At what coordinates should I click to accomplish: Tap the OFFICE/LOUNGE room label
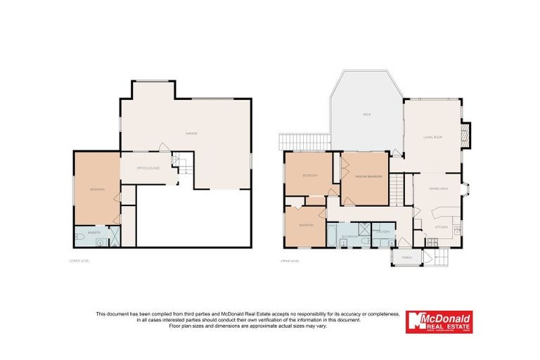pyautogui.click(x=148, y=168)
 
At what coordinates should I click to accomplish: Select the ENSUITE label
pyautogui.click(x=93, y=232)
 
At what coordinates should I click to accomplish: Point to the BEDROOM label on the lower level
pyautogui.click(x=97, y=190)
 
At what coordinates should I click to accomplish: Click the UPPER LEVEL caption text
pyautogui.click(x=291, y=261)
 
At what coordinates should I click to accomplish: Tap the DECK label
pyautogui.click(x=366, y=114)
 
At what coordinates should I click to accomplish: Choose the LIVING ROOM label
pyautogui.click(x=432, y=137)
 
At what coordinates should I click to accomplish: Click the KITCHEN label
pyautogui.click(x=441, y=228)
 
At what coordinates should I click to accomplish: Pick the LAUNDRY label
pyautogui.click(x=384, y=231)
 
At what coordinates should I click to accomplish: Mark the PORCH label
pyautogui.click(x=406, y=258)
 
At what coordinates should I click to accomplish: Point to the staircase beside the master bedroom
pyautogui.click(x=399, y=189)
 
